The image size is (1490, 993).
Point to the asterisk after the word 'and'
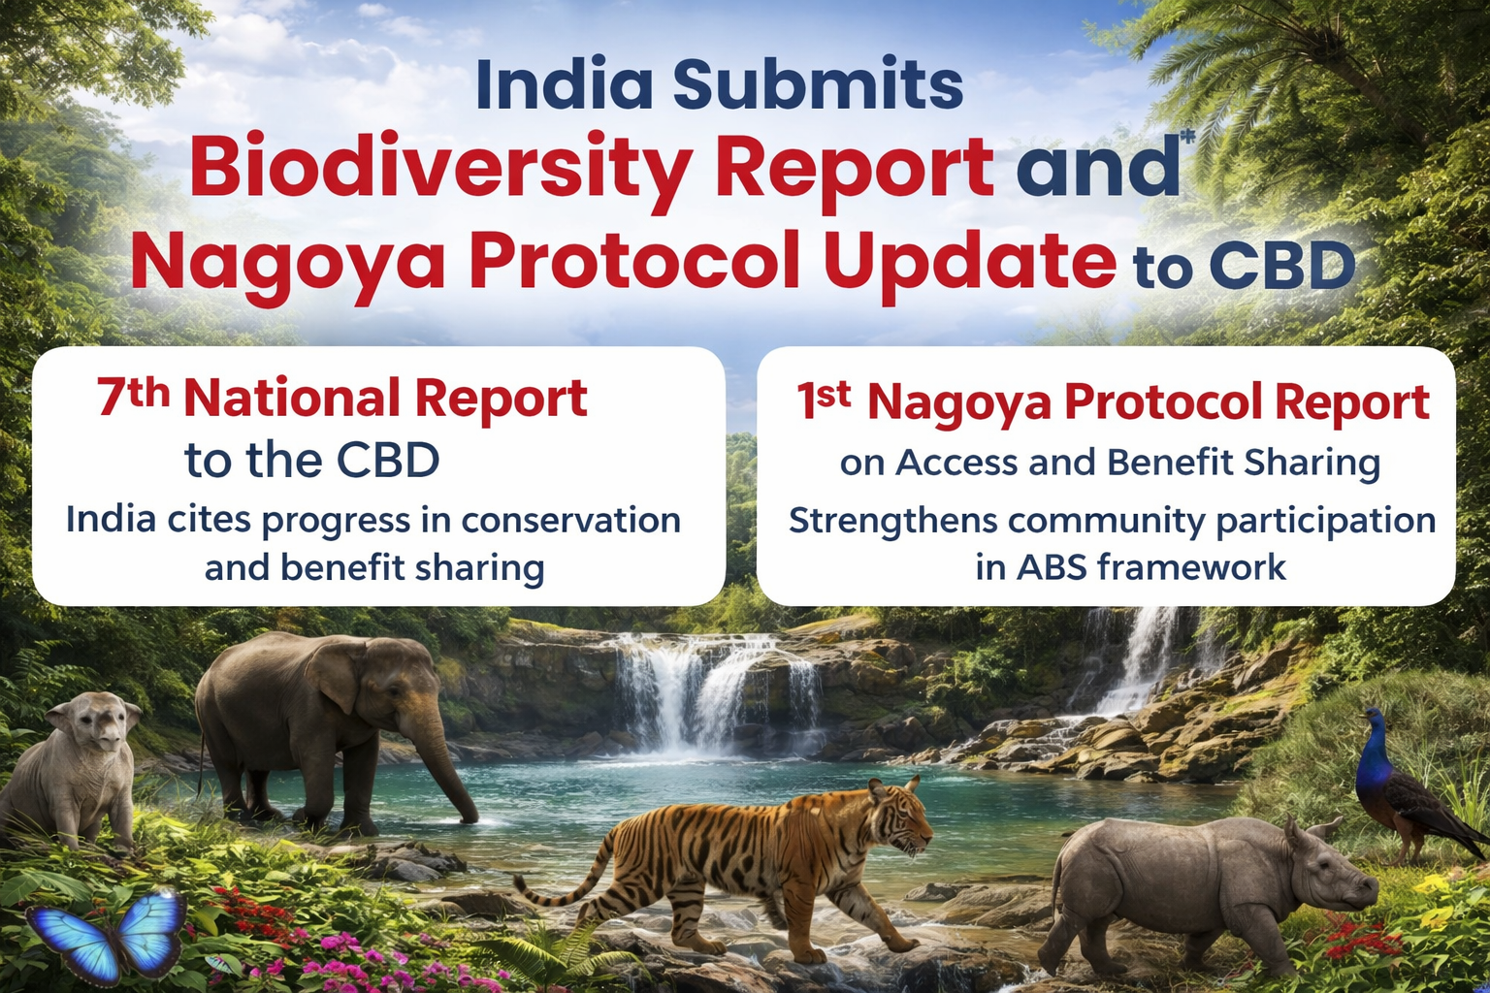coord(1186,140)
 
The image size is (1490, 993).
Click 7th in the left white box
coord(133,396)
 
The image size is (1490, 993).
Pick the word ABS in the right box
coord(1052,567)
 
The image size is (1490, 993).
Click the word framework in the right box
coord(1192,567)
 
